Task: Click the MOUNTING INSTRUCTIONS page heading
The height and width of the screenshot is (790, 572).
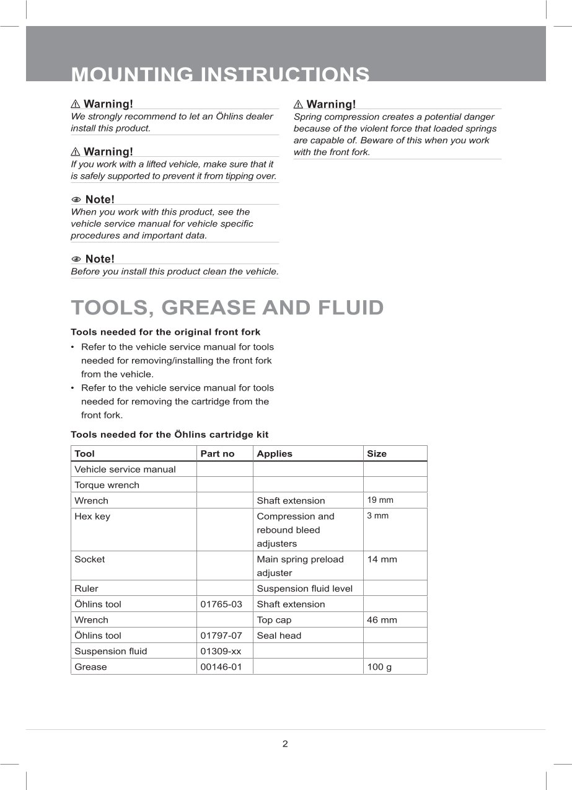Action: tap(220, 74)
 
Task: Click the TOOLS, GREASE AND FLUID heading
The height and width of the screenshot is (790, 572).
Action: tap(227, 308)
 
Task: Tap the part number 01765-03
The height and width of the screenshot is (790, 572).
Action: tap(221, 604)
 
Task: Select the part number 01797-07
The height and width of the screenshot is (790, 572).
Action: tap(221, 636)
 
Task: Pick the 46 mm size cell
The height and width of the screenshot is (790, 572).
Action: tap(382, 620)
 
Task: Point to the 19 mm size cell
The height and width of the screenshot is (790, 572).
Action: tap(380, 500)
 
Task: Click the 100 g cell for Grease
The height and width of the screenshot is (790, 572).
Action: tap(379, 667)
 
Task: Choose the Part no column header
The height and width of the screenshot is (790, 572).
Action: tap(218, 454)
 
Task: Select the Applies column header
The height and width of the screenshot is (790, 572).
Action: tap(275, 454)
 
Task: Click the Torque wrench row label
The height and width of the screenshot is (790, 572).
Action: tap(107, 485)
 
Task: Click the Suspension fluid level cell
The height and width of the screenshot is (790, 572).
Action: tap(304, 588)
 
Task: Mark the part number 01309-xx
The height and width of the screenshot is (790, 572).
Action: tap(221, 651)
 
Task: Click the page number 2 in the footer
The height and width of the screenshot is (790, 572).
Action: tap(285, 744)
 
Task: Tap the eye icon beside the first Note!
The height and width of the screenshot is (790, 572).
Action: tap(76, 200)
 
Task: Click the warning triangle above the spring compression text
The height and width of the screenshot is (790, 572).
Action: tap(298, 104)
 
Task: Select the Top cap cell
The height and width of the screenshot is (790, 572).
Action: tap(274, 620)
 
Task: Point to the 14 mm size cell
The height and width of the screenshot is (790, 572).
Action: tap(382, 559)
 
